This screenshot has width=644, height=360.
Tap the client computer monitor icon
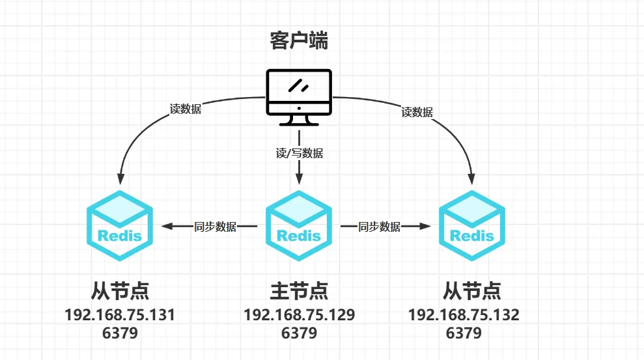(x=299, y=96)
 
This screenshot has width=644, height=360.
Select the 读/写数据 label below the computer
(x=299, y=154)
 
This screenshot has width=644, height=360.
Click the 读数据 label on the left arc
(x=186, y=109)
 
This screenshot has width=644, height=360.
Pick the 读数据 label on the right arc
(x=417, y=112)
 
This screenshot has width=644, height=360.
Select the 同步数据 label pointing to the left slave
(x=216, y=227)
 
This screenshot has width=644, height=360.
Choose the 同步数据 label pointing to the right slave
(x=379, y=227)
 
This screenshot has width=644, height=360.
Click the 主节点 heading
(x=299, y=290)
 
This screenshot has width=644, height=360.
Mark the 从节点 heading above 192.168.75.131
(x=120, y=290)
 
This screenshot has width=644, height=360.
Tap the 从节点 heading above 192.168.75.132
(x=472, y=290)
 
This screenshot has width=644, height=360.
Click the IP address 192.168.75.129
(x=299, y=315)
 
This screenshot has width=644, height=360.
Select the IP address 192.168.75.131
(x=120, y=315)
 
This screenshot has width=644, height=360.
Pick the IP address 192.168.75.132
(x=464, y=315)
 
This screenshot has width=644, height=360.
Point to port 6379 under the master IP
(x=299, y=333)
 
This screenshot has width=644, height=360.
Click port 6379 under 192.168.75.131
(x=120, y=333)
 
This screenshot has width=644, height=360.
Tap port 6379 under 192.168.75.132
(x=464, y=333)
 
